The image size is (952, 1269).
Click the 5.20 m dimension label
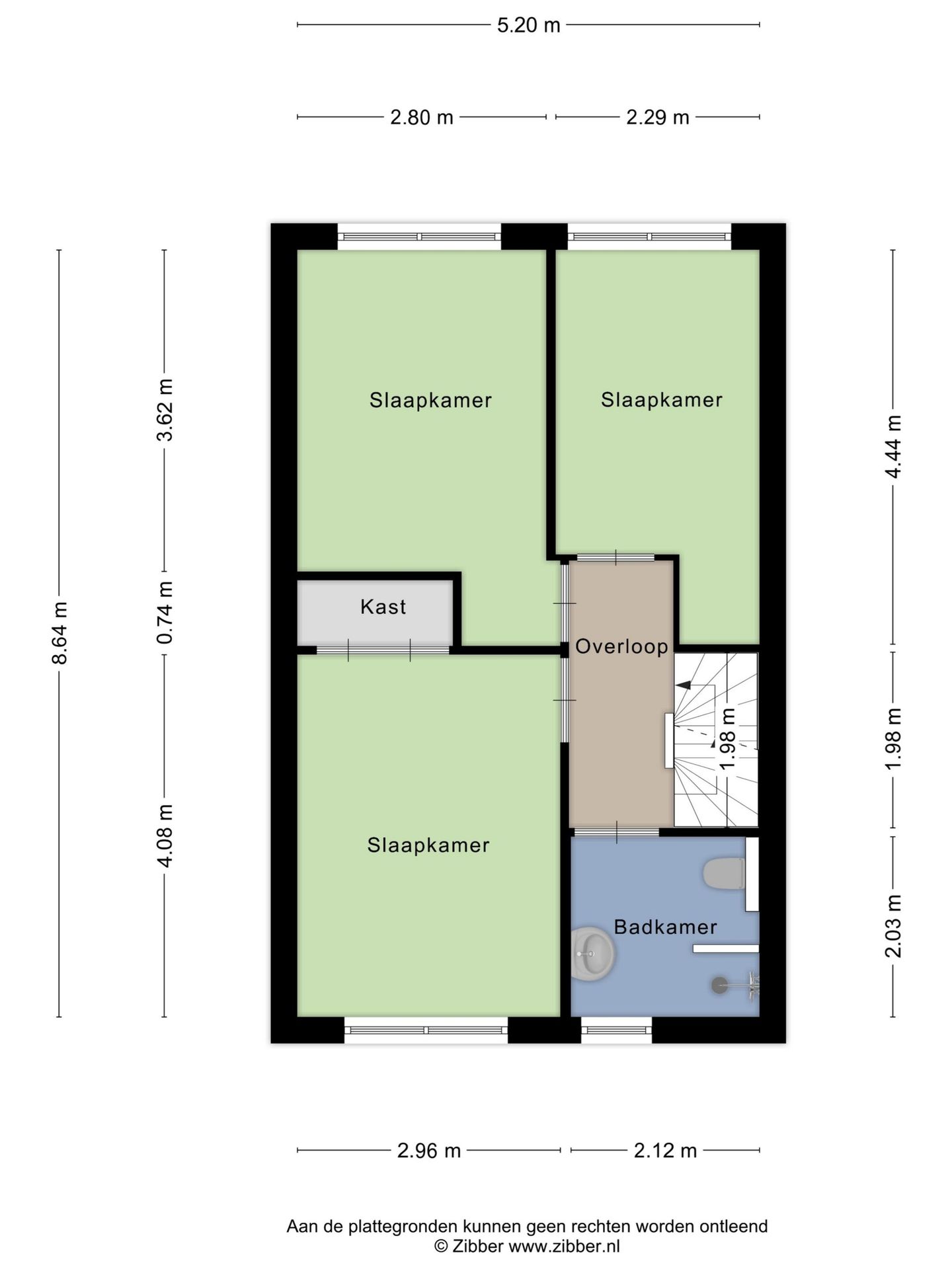pos(528,25)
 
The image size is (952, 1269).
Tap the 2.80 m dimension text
pos(421,118)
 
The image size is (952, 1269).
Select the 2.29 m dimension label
pos(657,118)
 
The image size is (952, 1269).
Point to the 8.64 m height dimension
pos(60,633)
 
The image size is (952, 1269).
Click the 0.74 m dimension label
pos(165,612)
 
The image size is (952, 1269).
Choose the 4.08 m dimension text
pos(165,835)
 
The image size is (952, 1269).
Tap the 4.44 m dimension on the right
pos(893,446)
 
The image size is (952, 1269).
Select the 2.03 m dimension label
pos(893,925)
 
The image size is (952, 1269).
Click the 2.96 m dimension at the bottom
pos(428,1151)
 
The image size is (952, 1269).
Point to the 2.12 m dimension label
pos(665,1151)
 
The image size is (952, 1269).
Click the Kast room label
pos(383,607)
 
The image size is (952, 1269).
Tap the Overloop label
pos(621,646)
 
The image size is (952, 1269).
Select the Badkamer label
pos(665,927)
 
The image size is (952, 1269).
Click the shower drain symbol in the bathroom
pos(719,985)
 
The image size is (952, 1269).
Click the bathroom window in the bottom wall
pos(616,1030)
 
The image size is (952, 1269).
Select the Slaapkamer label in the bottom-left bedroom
pos(428,845)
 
